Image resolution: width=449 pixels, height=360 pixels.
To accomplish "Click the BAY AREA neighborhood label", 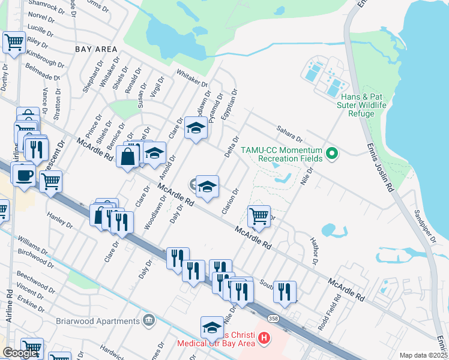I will (x=95, y=47).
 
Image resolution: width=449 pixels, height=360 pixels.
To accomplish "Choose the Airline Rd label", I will (x=9, y=307).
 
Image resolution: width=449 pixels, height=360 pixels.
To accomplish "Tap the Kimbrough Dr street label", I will (x=46, y=59).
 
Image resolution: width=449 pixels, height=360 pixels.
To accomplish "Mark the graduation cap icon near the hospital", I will (x=212, y=327).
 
